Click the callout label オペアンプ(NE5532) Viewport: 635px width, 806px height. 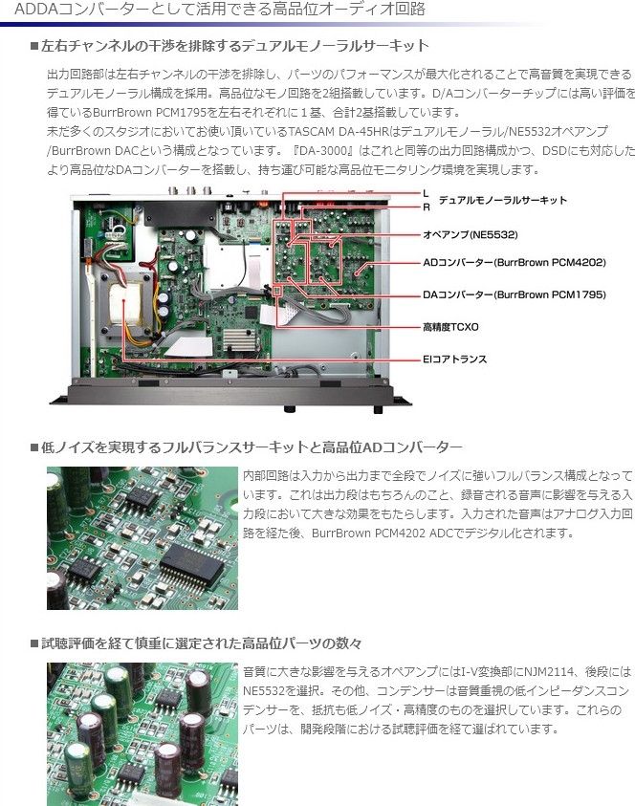point(470,235)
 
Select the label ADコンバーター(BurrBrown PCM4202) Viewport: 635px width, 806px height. point(515,263)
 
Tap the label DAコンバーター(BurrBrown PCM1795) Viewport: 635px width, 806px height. point(515,295)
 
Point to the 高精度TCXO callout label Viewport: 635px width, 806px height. point(450,327)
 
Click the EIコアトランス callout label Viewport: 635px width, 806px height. point(454,359)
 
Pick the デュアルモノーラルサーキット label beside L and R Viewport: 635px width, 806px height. point(502,200)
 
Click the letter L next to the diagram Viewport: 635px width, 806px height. point(426,194)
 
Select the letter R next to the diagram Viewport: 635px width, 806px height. point(427,207)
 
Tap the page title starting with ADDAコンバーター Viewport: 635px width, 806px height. point(220,9)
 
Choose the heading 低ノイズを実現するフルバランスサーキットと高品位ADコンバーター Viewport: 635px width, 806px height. point(252,447)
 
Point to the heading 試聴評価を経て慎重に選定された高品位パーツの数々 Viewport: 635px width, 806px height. point(202,643)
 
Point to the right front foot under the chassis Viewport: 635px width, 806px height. point(378,409)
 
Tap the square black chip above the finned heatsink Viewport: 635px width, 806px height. point(252,313)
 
